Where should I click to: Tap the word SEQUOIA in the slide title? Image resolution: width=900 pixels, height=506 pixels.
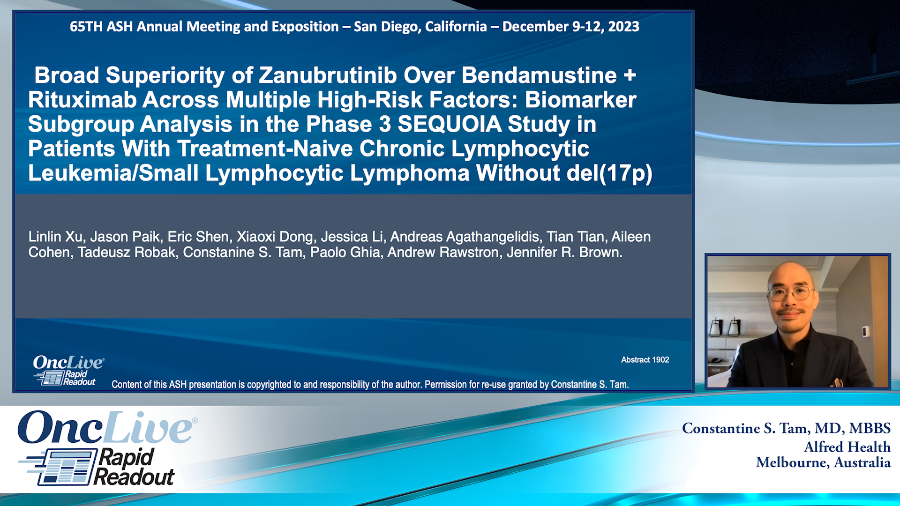pos(450,124)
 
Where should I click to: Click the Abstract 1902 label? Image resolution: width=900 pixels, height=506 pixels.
pos(645,360)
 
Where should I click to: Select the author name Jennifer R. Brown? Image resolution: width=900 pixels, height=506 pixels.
pos(564,253)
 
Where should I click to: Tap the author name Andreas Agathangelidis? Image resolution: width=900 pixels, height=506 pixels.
pos(464,237)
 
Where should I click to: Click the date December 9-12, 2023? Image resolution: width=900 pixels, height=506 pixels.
pos(570,27)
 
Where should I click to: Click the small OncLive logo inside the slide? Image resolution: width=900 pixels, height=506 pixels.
pos(68,363)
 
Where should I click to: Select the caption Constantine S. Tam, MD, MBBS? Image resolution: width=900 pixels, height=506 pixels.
pos(786,428)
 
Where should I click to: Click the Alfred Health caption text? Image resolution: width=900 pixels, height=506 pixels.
pos(847,447)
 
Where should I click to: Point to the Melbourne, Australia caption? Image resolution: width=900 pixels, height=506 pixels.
pos(823,463)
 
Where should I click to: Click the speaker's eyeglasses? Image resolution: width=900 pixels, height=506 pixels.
pos(791,294)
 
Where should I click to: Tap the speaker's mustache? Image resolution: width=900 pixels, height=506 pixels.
pos(791,312)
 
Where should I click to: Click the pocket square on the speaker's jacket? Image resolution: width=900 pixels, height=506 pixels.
pos(837,382)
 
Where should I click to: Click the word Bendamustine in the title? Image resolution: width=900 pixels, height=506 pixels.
pos(539,75)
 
